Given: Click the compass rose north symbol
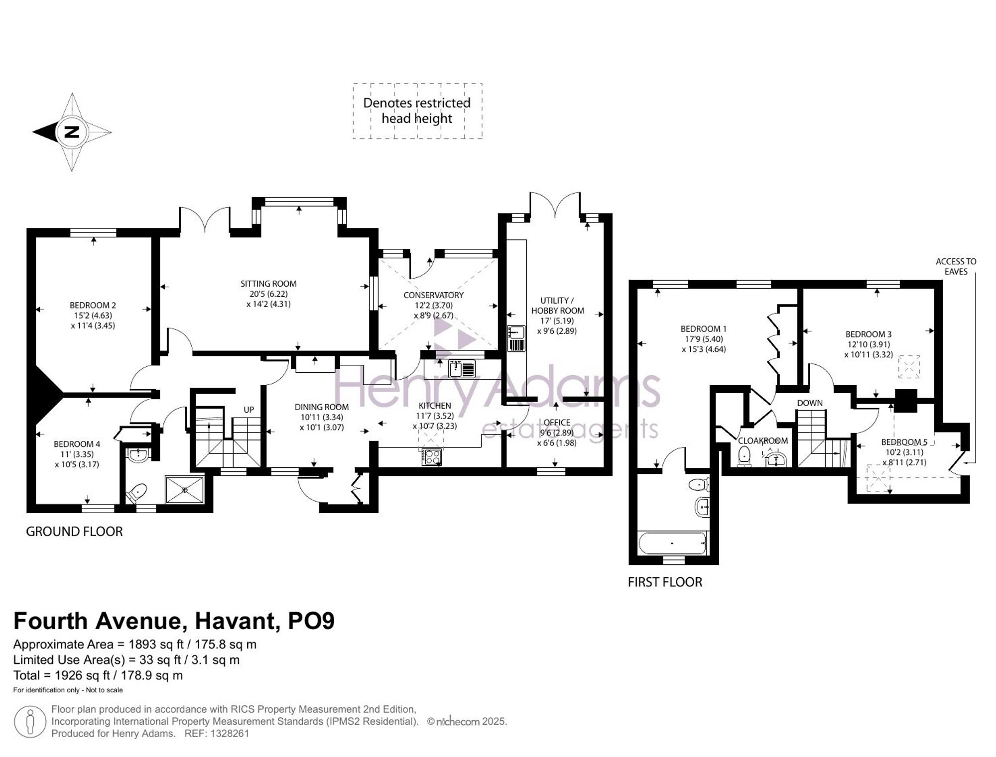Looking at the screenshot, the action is (x=72, y=132).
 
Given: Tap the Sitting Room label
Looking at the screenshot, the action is (x=268, y=284).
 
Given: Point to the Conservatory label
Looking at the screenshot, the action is (x=433, y=295).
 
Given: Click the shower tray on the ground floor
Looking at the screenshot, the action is (x=184, y=490).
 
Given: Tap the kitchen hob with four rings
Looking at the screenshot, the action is (x=431, y=457).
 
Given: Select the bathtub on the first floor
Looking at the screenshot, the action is (x=672, y=543).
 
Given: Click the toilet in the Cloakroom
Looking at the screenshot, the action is (x=745, y=456).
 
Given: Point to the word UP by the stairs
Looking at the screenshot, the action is (x=249, y=410).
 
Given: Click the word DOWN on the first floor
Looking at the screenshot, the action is (x=810, y=403).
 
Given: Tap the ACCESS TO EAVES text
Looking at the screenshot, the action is (x=956, y=266).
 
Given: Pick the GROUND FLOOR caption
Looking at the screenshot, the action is (x=74, y=532).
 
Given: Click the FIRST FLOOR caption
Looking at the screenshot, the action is (x=665, y=582).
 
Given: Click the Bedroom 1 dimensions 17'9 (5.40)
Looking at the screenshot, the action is (x=704, y=339).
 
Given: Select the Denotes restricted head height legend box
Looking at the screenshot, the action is (x=417, y=111).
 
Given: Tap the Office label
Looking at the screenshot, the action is (x=557, y=423).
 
